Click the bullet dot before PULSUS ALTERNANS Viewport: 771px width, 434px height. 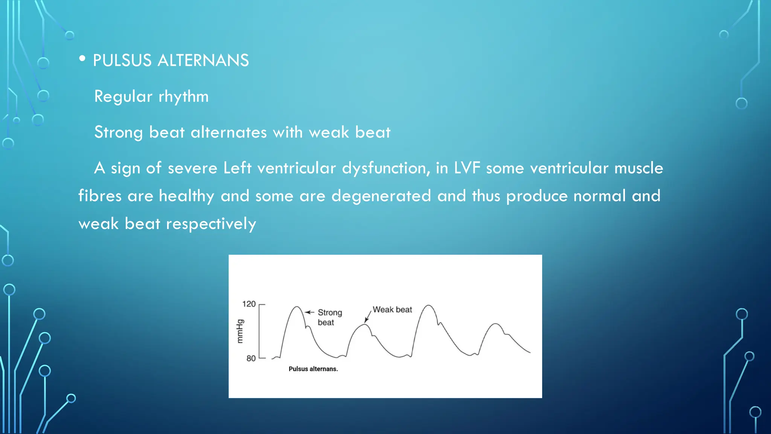[82, 59]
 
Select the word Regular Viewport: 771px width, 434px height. [123, 96]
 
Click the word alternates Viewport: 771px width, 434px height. [229, 132]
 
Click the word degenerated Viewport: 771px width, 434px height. [381, 196]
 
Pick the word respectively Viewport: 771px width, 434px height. [211, 224]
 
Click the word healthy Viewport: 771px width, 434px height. [186, 196]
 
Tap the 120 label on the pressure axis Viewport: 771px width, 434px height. [248, 304]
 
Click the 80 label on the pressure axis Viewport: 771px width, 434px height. [251, 358]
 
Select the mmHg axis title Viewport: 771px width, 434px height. [240, 331]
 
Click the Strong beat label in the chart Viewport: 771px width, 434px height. [329, 317]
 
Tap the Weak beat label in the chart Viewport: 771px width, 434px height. [392, 310]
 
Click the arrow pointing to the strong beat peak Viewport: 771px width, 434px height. [309, 312]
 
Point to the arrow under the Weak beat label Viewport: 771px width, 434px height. [367, 317]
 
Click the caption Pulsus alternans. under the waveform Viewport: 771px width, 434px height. [313, 369]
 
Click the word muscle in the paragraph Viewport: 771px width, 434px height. [638, 168]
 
